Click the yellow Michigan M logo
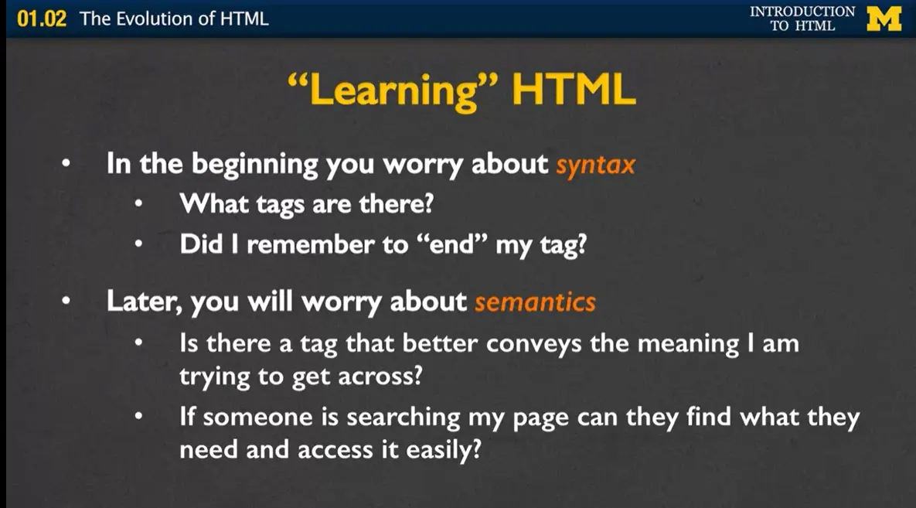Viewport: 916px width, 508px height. coord(884,18)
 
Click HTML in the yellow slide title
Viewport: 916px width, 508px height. coord(573,91)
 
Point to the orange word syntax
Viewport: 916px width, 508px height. coord(595,165)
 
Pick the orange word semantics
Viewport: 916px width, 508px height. coord(535,302)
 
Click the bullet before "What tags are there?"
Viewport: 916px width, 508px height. coord(139,205)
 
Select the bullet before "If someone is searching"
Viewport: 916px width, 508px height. coord(139,418)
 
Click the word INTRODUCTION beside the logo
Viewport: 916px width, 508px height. coord(802,12)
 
